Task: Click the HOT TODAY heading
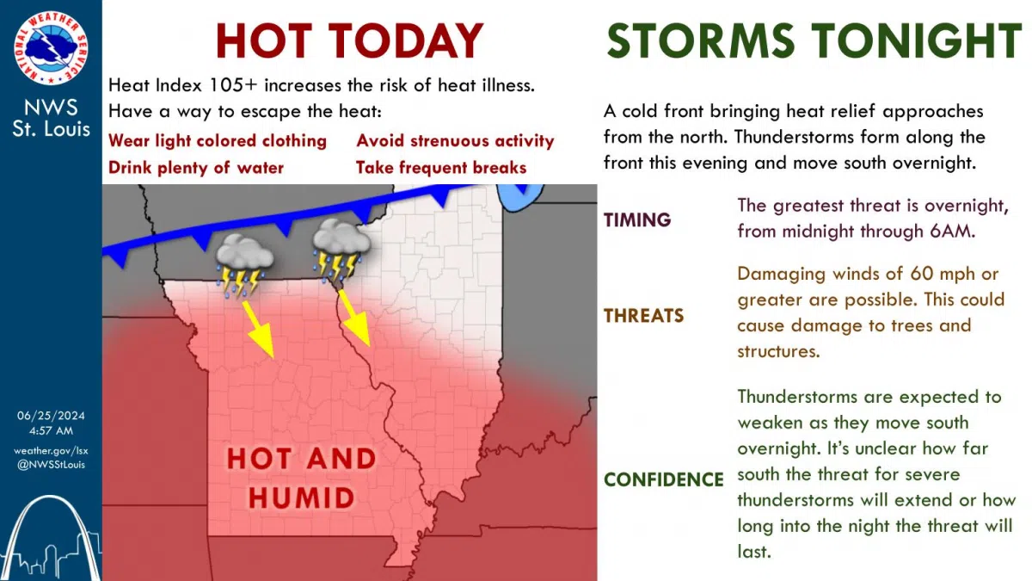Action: click(349, 40)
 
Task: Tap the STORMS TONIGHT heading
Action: click(814, 40)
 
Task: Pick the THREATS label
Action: click(644, 316)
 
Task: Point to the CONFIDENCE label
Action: click(664, 479)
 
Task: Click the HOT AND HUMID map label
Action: click(301, 478)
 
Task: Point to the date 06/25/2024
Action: click(50, 415)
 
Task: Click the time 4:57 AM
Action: click(50, 430)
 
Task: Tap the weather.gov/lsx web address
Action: click(50, 450)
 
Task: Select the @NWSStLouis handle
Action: click(50, 465)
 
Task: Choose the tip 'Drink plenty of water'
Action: click(195, 167)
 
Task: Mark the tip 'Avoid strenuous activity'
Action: click(455, 140)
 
